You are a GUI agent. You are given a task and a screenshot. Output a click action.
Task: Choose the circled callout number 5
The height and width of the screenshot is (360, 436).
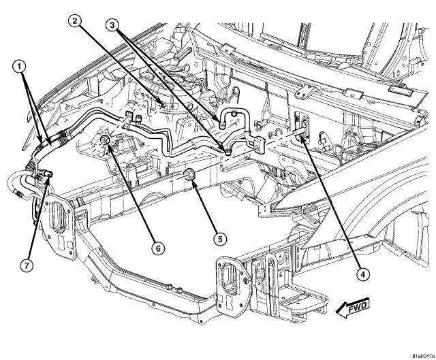pyautogui.click(x=219, y=239)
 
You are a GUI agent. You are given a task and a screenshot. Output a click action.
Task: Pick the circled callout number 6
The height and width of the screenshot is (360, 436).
pyautogui.click(x=157, y=249)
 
